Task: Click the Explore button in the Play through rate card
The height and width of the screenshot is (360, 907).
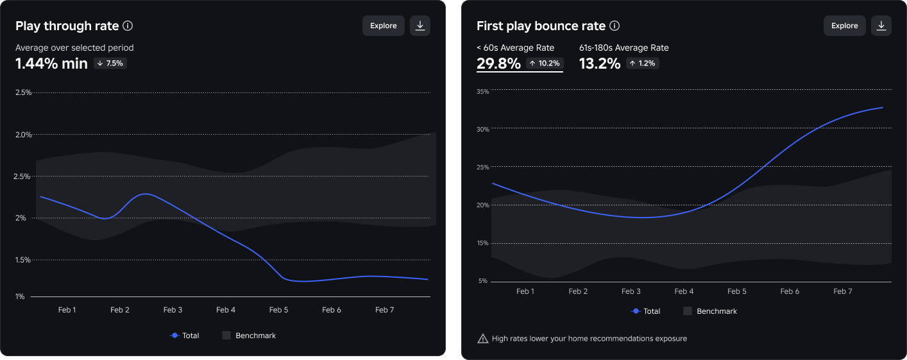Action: coord(383,26)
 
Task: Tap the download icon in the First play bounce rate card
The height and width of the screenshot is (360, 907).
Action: coord(881,26)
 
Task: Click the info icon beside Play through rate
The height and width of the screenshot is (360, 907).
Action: coord(128,26)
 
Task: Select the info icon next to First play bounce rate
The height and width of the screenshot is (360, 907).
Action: coord(615,26)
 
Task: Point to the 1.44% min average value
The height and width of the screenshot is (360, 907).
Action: coord(51,64)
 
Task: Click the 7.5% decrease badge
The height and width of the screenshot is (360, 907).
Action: coord(110,63)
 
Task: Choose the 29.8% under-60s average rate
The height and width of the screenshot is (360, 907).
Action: coord(498,64)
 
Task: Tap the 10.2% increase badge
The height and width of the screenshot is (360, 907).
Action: coord(545,63)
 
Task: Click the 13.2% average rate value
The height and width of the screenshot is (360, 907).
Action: coord(600,64)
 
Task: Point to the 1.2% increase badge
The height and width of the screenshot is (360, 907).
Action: coord(643,63)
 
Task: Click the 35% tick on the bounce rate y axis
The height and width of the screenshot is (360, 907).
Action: coord(482,92)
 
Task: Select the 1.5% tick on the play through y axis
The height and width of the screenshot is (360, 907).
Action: coord(23,260)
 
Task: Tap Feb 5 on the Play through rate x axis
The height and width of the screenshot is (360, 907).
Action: coord(278,310)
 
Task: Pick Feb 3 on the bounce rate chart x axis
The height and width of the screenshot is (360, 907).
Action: coord(631,291)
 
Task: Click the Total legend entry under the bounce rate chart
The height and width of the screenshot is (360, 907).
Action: coord(646,311)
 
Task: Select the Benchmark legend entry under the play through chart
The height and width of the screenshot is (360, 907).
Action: coord(249,336)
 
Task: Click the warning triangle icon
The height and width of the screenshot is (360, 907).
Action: coord(482,339)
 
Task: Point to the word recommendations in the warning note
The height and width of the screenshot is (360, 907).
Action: coord(602,339)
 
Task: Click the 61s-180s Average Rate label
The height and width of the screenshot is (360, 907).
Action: coord(623,47)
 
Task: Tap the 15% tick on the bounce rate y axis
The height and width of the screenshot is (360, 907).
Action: coord(482,243)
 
